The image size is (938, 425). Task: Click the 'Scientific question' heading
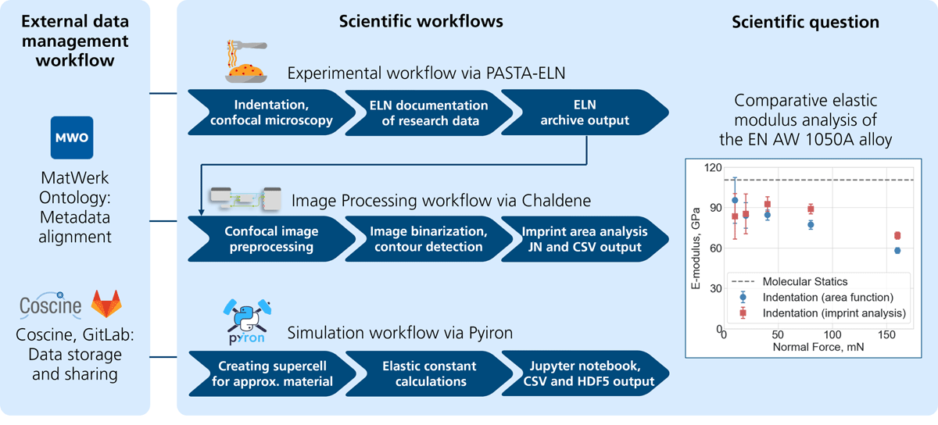[805, 23]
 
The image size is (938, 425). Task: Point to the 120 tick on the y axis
[711, 167]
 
